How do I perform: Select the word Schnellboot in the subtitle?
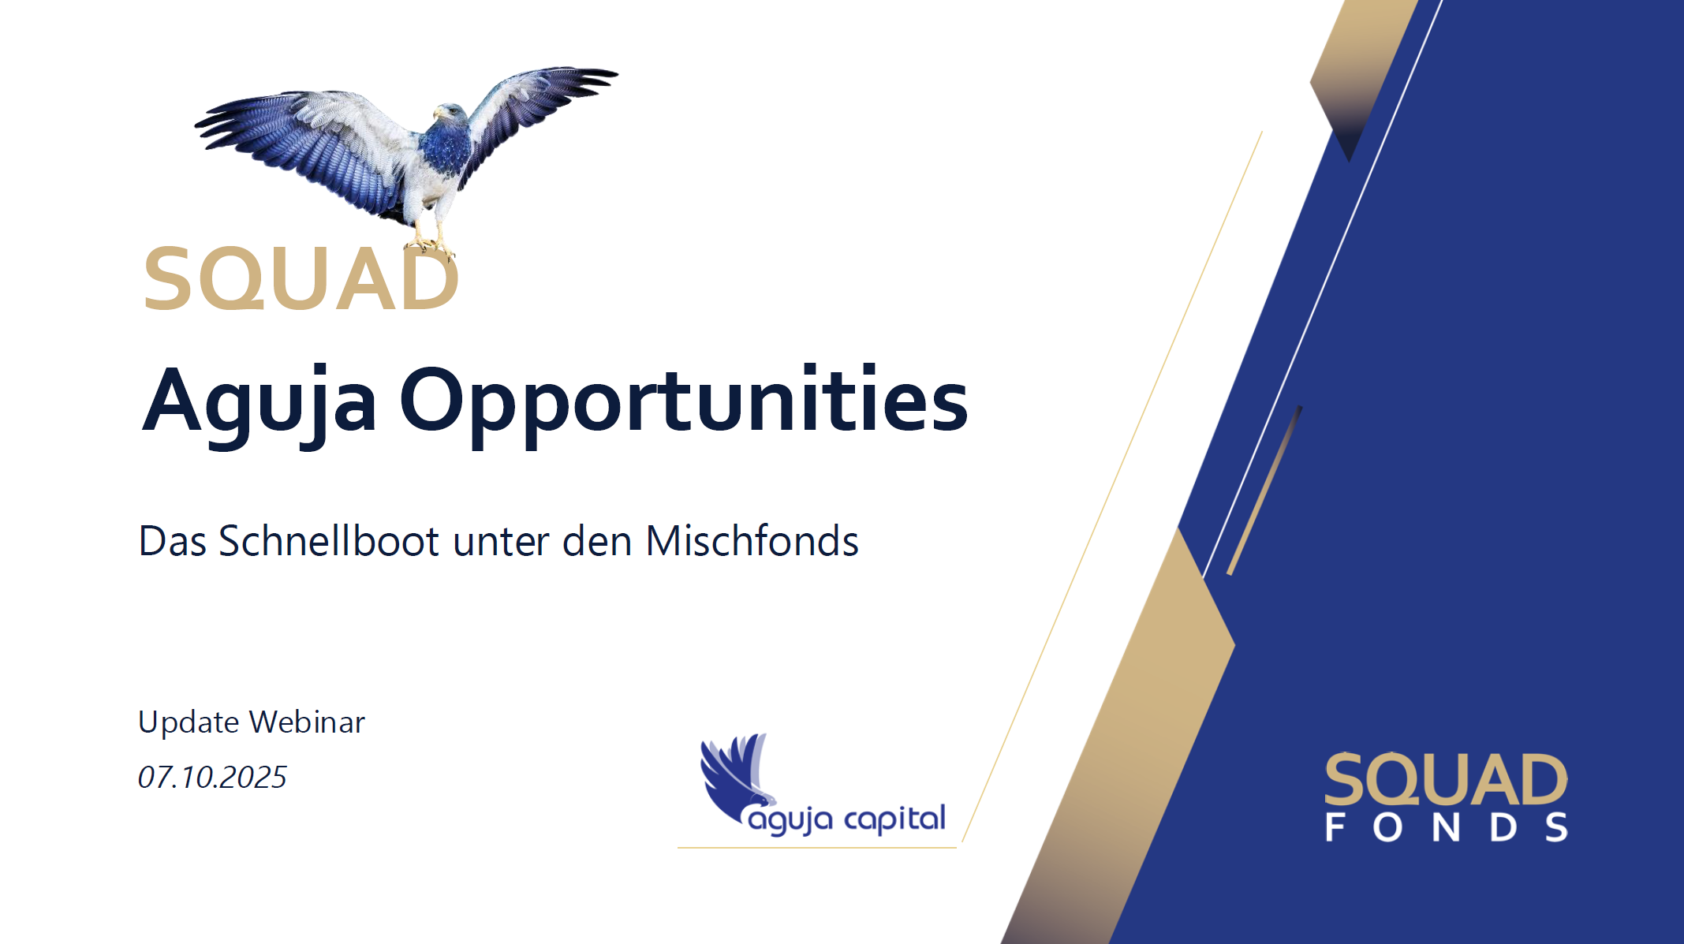click(x=328, y=541)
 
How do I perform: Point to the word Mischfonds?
click(x=752, y=541)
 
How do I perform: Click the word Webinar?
click(x=308, y=722)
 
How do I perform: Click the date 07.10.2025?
click(x=212, y=777)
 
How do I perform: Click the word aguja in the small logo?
click(x=790, y=820)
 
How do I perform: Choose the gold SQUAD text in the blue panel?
click(x=1446, y=779)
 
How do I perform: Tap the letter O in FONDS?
click(x=1388, y=827)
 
